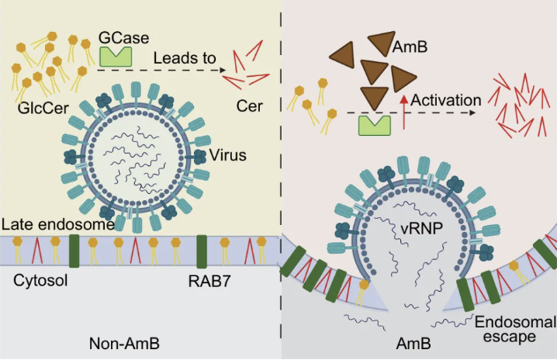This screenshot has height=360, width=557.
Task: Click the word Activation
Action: tap(445, 100)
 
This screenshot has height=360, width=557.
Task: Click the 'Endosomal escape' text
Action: tap(515, 329)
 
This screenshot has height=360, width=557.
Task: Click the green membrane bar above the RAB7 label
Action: tap(202, 250)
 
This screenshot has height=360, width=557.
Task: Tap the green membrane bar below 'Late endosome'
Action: tap(75, 250)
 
